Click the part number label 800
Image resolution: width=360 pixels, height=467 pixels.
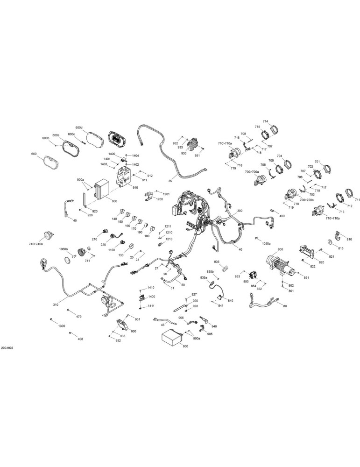pyautogui.click(x=280, y=249)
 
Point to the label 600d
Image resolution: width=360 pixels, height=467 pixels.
pyautogui.click(x=78, y=127)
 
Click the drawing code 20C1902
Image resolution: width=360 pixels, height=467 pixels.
pyautogui.click(x=7, y=347)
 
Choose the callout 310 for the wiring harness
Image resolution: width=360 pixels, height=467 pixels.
pyautogui.click(x=56, y=304)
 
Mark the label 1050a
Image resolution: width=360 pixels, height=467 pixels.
pyautogui.click(x=266, y=243)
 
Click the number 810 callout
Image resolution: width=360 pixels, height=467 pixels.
pyautogui.click(x=349, y=239)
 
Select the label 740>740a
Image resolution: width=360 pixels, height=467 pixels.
pyautogui.click(x=36, y=244)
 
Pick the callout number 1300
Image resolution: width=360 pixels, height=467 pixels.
pyautogui.click(x=62, y=326)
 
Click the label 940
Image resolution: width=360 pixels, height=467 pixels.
pyautogui.click(x=214, y=326)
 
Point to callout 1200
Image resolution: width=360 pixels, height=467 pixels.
pyautogui.click(x=159, y=199)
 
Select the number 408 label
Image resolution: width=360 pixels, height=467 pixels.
pyautogui.click(x=80, y=339)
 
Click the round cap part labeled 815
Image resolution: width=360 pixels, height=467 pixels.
pyautogui.click(x=330, y=241)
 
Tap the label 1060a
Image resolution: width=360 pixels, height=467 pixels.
pyautogui.click(x=64, y=249)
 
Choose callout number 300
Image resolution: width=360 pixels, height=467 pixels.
pyautogui.click(x=240, y=211)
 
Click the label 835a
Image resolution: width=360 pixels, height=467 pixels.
pyautogui.click(x=204, y=277)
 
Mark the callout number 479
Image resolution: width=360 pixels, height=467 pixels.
pyautogui.click(x=78, y=317)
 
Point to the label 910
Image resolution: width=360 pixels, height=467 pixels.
pyautogui.click(x=135, y=188)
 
